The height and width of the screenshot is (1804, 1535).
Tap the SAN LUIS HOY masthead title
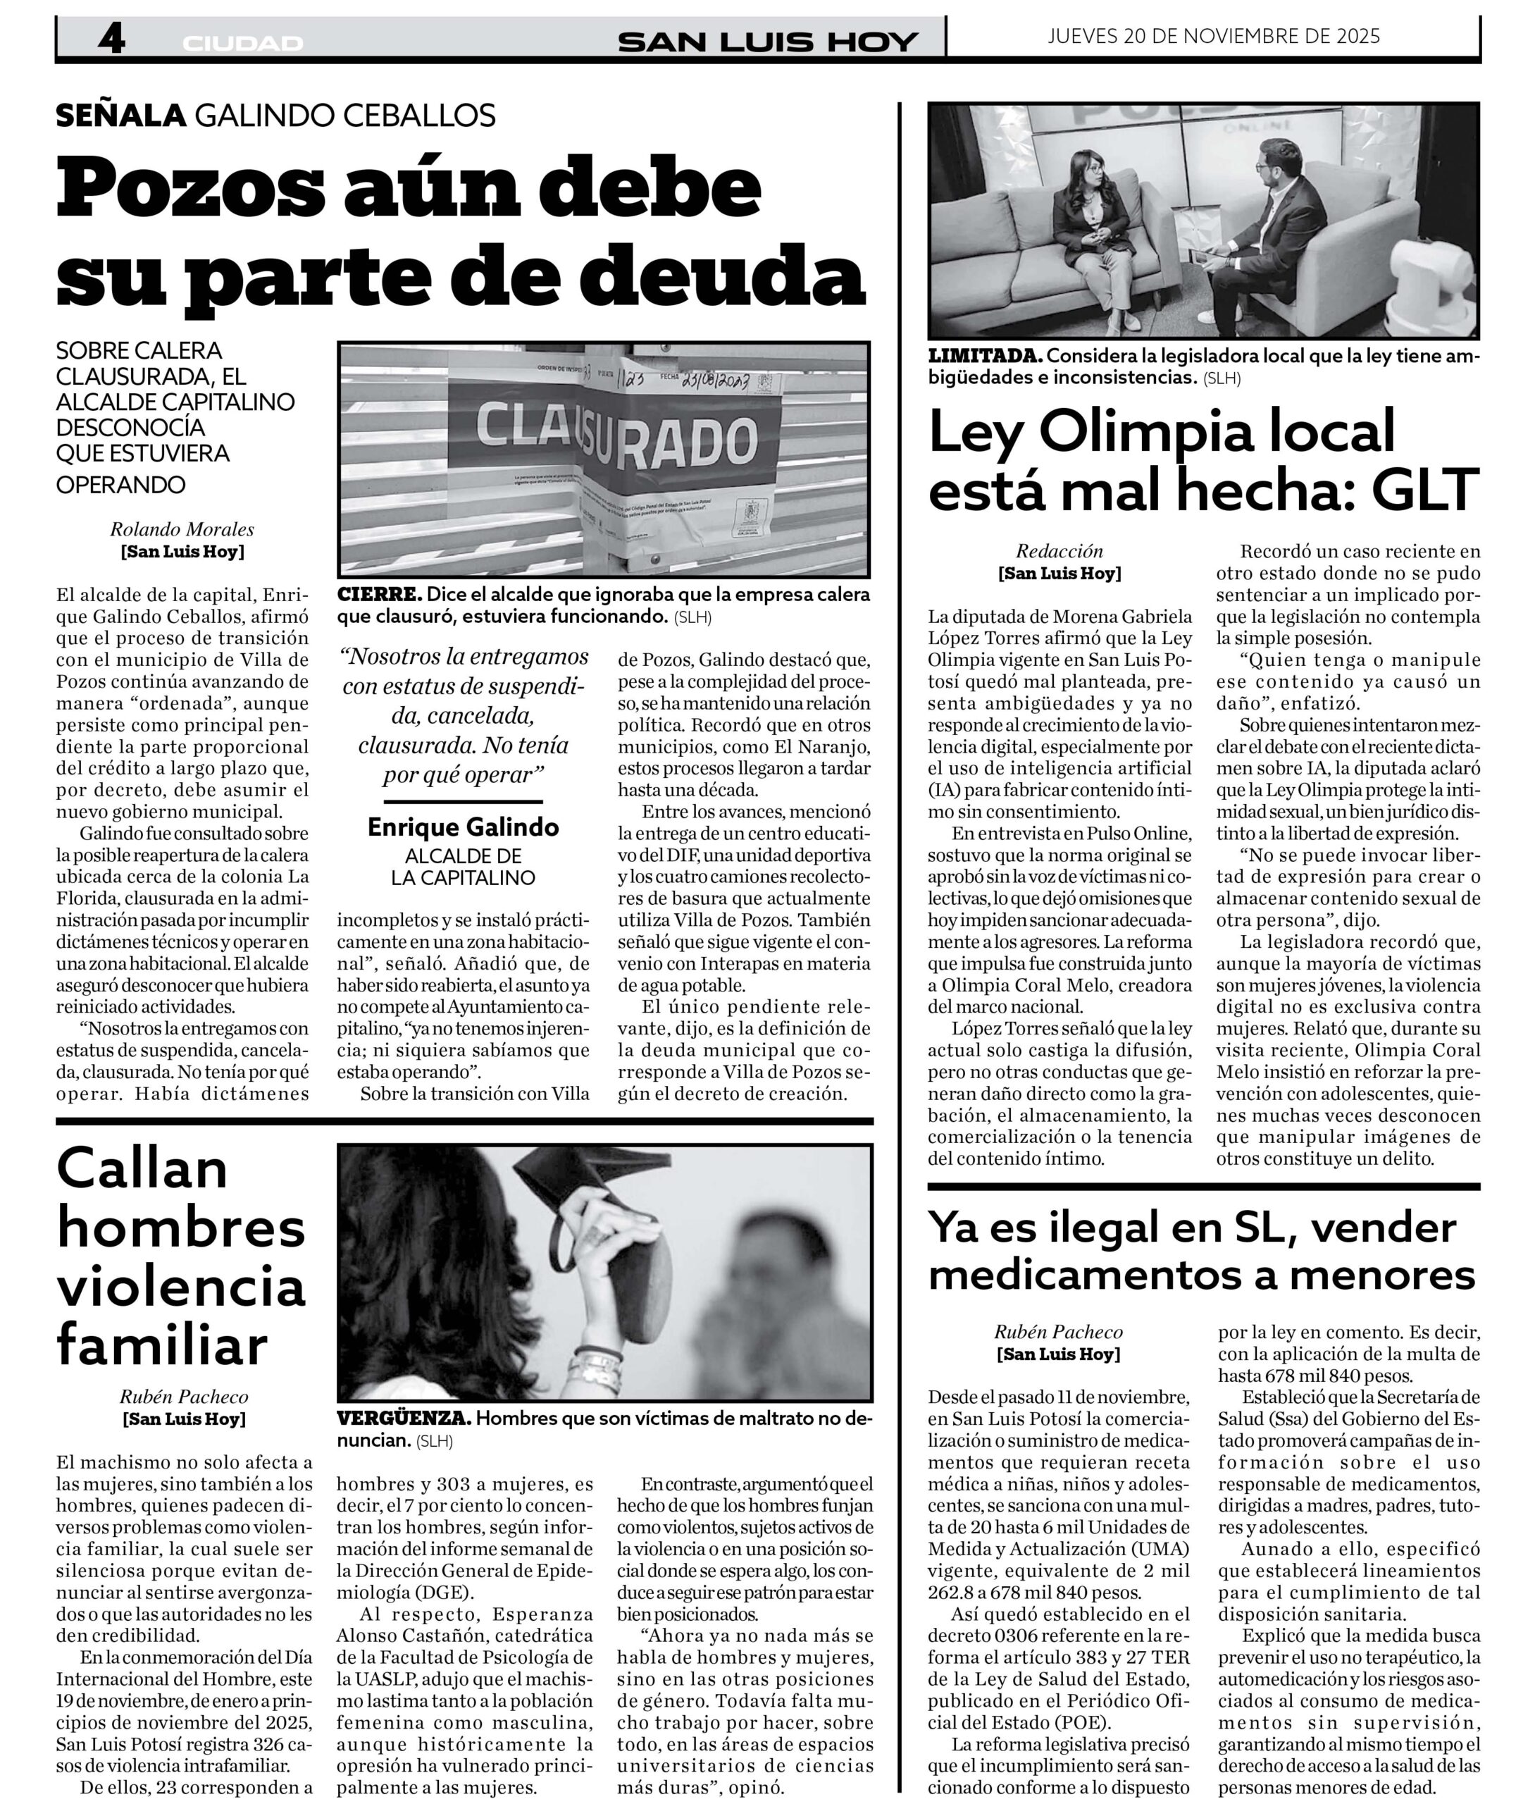(768, 42)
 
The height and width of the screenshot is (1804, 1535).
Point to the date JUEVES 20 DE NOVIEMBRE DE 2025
(1214, 36)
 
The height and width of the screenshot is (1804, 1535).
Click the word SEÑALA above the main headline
(121, 115)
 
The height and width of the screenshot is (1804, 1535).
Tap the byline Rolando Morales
(182, 529)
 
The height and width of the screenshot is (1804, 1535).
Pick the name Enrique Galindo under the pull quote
(463, 827)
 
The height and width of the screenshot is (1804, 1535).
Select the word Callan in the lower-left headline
(142, 1170)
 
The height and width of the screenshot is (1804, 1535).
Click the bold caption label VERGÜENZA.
(404, 1419)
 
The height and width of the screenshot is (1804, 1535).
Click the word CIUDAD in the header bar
(243, 44)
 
